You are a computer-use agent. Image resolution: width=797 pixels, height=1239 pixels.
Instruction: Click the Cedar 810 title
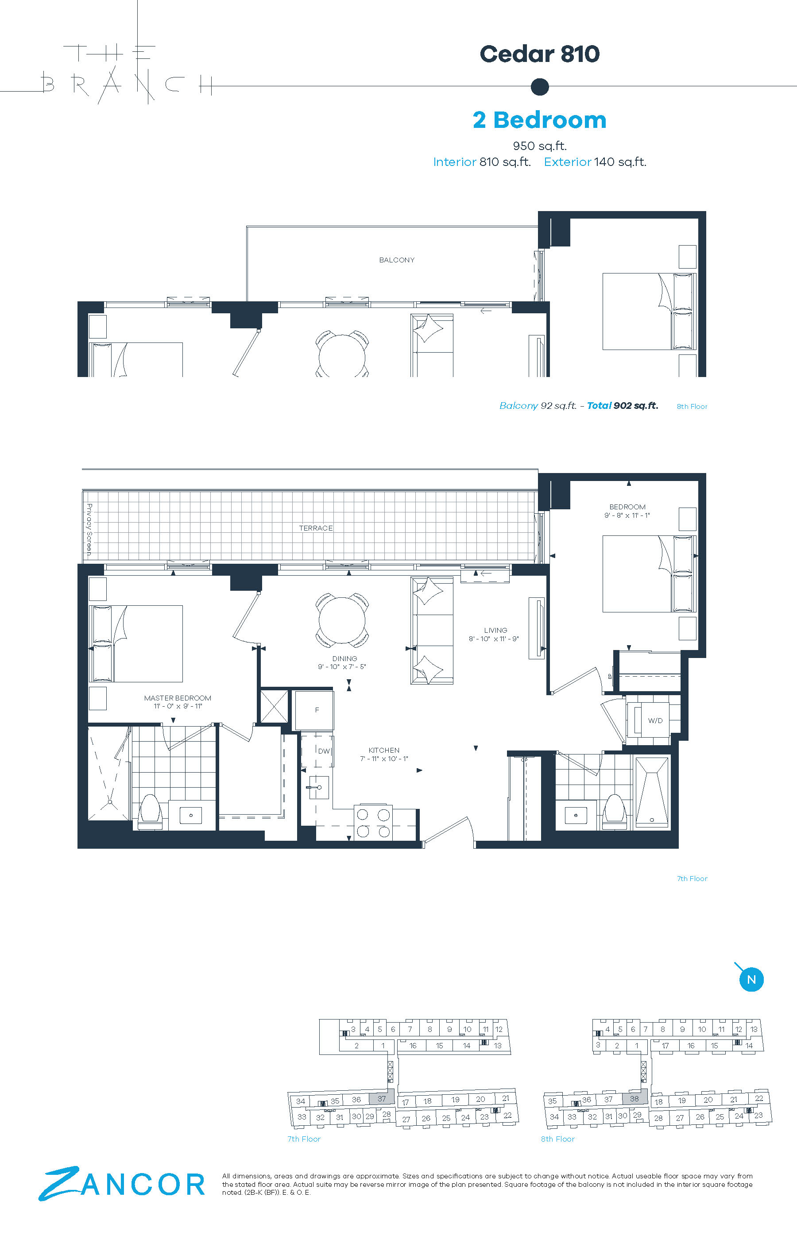tap(539, 54)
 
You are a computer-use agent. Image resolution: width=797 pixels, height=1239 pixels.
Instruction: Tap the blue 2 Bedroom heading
tap(539, 120)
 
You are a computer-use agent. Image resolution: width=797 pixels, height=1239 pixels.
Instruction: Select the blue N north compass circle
tap(751, 979)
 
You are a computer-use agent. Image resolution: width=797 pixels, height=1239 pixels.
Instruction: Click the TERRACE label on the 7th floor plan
tap(316, 528)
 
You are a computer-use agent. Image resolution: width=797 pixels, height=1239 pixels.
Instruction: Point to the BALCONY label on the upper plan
tap(397, 260)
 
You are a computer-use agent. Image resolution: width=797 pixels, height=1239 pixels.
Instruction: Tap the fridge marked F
tap(314, 711)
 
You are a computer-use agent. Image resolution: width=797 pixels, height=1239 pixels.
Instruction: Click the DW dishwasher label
tap(324, 751)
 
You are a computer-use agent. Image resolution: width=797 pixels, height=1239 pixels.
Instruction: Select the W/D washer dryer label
tap(655, 720)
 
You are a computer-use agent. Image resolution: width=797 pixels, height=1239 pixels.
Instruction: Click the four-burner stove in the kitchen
tap(373, 823)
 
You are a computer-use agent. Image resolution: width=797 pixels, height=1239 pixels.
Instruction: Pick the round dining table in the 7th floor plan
tap(342, 620)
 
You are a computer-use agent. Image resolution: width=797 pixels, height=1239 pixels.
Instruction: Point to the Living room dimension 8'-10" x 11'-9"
tap(494, 639)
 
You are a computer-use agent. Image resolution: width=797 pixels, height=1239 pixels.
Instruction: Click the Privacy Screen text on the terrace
tap(89, 530)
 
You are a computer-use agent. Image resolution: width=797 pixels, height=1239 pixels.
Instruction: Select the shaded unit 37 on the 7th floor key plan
tap(381, 1098)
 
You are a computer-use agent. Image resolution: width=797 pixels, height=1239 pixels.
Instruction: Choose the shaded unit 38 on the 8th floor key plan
tap(635, 1098)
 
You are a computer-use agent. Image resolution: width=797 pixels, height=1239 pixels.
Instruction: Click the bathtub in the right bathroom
tap(652, 791)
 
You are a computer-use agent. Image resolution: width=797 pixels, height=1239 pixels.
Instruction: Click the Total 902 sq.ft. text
tap(623, 406)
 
